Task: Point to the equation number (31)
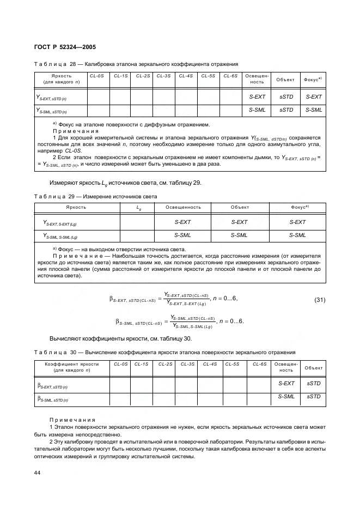coord(320,300)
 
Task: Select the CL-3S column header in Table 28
coord(163,76)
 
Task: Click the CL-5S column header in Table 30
coord(233,363)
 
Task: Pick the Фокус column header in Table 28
coord(313,80)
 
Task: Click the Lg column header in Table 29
coord(138,208)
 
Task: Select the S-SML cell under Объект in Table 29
coord(239,235)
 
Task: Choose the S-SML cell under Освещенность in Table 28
coord(257,110)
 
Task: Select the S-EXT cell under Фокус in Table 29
coord(297,222)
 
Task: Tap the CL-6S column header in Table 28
coord(231,76)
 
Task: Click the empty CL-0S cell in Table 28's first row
coord(99,96)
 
